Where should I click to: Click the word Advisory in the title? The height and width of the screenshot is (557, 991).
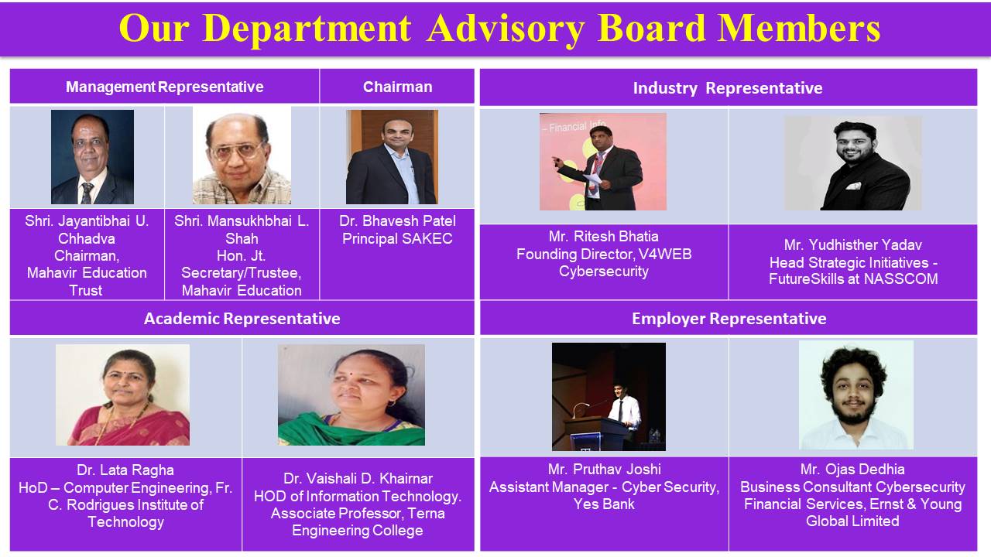point(506,29)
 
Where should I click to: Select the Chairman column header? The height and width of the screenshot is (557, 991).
point(397,87)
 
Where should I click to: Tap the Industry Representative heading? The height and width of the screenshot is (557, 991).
point(728,88)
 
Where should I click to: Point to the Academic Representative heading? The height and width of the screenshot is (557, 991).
point(242,319)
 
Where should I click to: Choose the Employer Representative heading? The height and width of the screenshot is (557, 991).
point(729,319)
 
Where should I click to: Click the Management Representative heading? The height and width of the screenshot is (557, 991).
point(165,87)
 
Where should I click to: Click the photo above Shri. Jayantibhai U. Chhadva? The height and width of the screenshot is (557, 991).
point(92,157)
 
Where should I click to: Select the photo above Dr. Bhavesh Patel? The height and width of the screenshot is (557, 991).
point(392,157)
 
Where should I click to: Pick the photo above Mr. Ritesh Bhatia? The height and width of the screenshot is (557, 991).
point(603,162)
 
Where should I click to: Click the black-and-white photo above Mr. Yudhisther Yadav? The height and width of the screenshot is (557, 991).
point(853,163)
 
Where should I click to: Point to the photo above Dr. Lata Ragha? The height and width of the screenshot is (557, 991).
point(122,395)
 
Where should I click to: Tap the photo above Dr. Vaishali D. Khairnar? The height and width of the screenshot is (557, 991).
point(351,395)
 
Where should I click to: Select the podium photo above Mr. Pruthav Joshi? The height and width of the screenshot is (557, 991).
point(609,397)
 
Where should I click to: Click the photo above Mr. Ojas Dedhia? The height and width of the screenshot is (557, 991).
point(856,395)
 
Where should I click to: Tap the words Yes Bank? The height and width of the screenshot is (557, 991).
point(604,504)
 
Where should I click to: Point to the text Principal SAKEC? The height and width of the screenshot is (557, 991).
point(397,239)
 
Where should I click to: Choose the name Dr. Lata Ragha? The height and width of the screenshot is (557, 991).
point(125,470)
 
